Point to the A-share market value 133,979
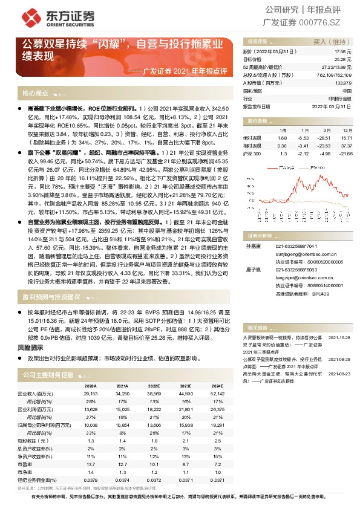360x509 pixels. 342,82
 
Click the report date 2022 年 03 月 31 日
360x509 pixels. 332,105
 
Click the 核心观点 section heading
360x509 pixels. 35,94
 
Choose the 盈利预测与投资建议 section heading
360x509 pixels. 51,297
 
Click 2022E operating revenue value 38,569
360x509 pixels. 154,394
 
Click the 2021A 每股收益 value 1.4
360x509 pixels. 122,442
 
